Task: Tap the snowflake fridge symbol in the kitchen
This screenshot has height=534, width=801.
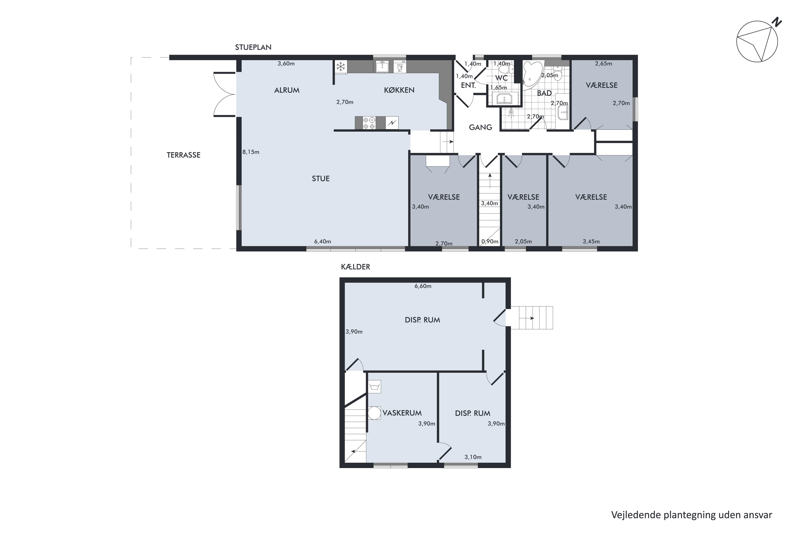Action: coord(341,66)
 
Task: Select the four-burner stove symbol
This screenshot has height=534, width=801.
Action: coord(369,123)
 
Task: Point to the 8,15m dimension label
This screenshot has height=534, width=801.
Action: coord(251,152)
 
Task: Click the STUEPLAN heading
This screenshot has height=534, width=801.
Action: coord(253,47)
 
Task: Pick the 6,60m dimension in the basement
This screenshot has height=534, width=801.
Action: coord(423,286)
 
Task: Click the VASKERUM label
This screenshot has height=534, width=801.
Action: coord(402,413)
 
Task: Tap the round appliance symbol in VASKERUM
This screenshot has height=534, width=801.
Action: coord(374,413)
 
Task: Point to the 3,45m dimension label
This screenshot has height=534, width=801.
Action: coord(591,241)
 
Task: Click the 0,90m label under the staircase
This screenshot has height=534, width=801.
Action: coord(490,241)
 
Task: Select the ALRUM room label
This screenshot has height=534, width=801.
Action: coord(287,90)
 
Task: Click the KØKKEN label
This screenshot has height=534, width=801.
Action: coord(399,90)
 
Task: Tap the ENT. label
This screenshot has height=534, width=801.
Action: coord(468,85)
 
